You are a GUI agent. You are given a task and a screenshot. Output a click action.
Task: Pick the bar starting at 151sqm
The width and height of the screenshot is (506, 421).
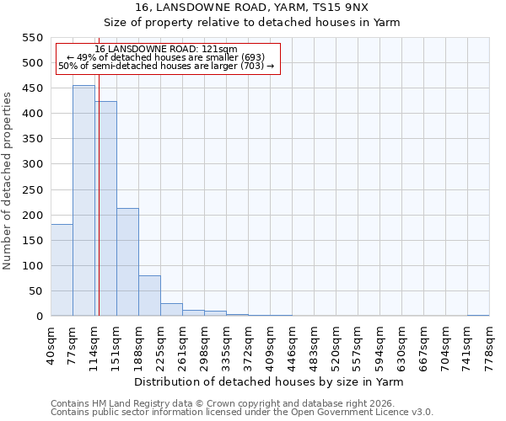tap(127, 262)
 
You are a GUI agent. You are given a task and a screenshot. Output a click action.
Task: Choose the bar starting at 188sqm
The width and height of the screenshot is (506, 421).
tap(149, 296)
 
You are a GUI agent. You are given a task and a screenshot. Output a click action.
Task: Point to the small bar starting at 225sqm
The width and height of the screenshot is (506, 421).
tap(171, 310)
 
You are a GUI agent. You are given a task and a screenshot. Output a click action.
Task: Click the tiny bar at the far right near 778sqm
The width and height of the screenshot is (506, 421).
tap(478, 315)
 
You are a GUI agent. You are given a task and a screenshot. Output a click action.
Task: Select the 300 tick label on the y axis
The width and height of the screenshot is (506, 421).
tap(31, 164)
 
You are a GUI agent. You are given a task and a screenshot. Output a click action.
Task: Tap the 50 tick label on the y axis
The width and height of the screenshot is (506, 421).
tap(35, 291)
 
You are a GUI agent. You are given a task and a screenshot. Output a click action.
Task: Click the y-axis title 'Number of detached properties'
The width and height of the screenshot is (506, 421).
tap(8, 181)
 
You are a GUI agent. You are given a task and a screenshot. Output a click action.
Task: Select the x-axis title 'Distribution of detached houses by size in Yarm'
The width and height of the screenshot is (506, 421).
tap(269, 381)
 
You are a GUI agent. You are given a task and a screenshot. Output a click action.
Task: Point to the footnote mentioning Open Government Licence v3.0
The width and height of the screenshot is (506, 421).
tap(242, 412)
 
